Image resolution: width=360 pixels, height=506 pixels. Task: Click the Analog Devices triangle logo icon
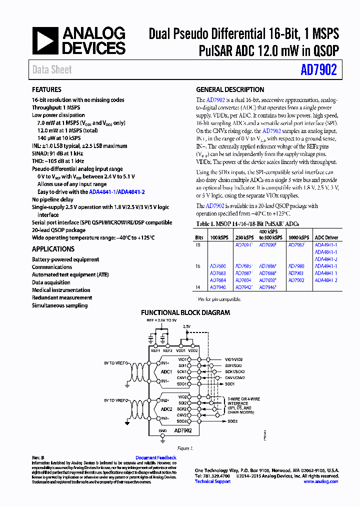click(45, 40)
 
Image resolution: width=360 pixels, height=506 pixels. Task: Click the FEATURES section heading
click(47, 90)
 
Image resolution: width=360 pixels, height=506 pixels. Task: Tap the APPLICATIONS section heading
click(53, 249)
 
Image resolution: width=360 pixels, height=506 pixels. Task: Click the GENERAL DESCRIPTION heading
click(230, 90)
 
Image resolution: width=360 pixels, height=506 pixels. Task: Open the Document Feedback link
click(156, 457)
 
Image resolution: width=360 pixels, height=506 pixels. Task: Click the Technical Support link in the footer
click(212, 481)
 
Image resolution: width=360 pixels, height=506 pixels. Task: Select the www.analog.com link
click(321, 481)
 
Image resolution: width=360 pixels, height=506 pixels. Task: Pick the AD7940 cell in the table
click(217, 287)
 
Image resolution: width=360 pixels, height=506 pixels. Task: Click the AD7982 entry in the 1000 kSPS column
click(296, 245)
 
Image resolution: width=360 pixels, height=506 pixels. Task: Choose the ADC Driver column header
click(326, 237)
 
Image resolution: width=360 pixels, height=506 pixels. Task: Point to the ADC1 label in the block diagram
click(166, 372)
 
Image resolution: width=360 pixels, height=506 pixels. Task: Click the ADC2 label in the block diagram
click(166, 409)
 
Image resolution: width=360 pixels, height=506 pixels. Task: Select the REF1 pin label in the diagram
click(155, 350)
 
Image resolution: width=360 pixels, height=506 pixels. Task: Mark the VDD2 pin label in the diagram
click(193, 350)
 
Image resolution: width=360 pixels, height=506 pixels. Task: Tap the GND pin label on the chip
click(162, 430)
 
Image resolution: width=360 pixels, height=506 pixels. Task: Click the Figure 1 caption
click(185, 449)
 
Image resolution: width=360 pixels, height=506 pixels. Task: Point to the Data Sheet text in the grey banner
click(52, 70)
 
